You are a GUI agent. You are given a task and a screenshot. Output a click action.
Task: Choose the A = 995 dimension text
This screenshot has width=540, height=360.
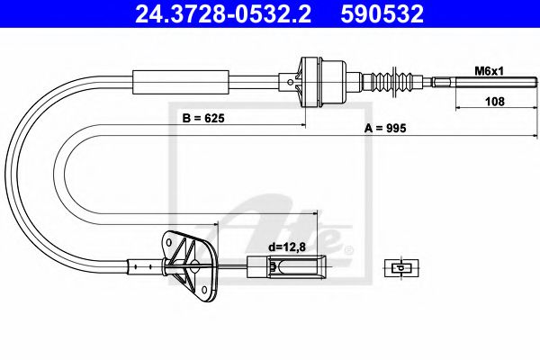click(x=385, y=129)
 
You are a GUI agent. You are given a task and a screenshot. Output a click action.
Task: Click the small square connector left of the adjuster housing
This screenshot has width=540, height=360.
click(x=291, y=84)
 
